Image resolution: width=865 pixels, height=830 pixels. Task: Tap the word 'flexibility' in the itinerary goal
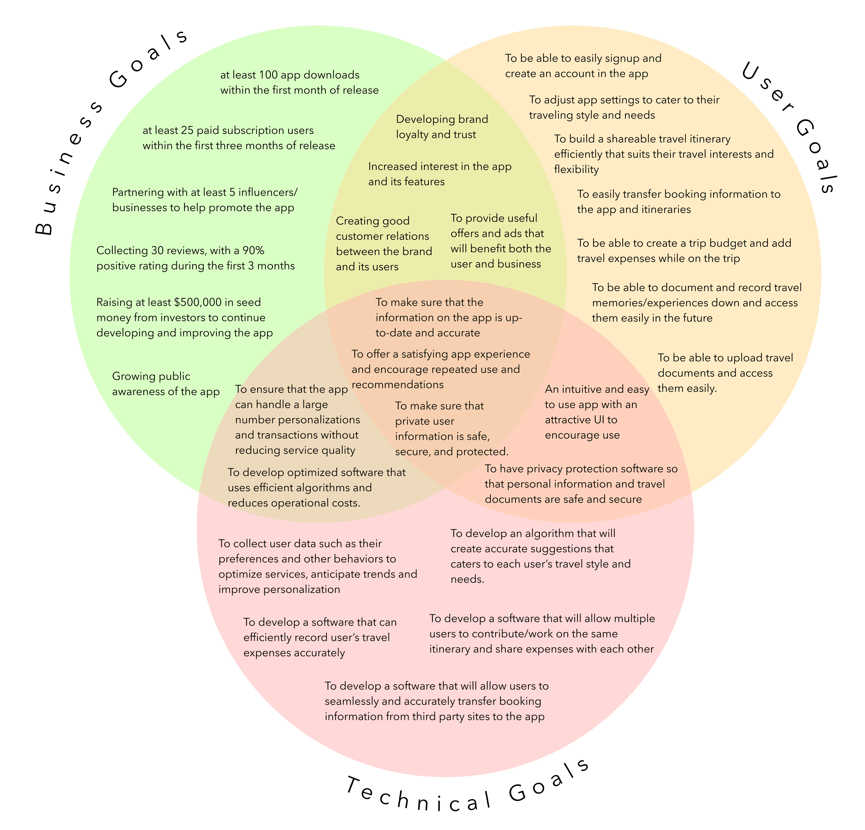(x=576, y=169)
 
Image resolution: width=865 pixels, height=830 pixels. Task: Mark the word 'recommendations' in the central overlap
(x=397, y=385)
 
